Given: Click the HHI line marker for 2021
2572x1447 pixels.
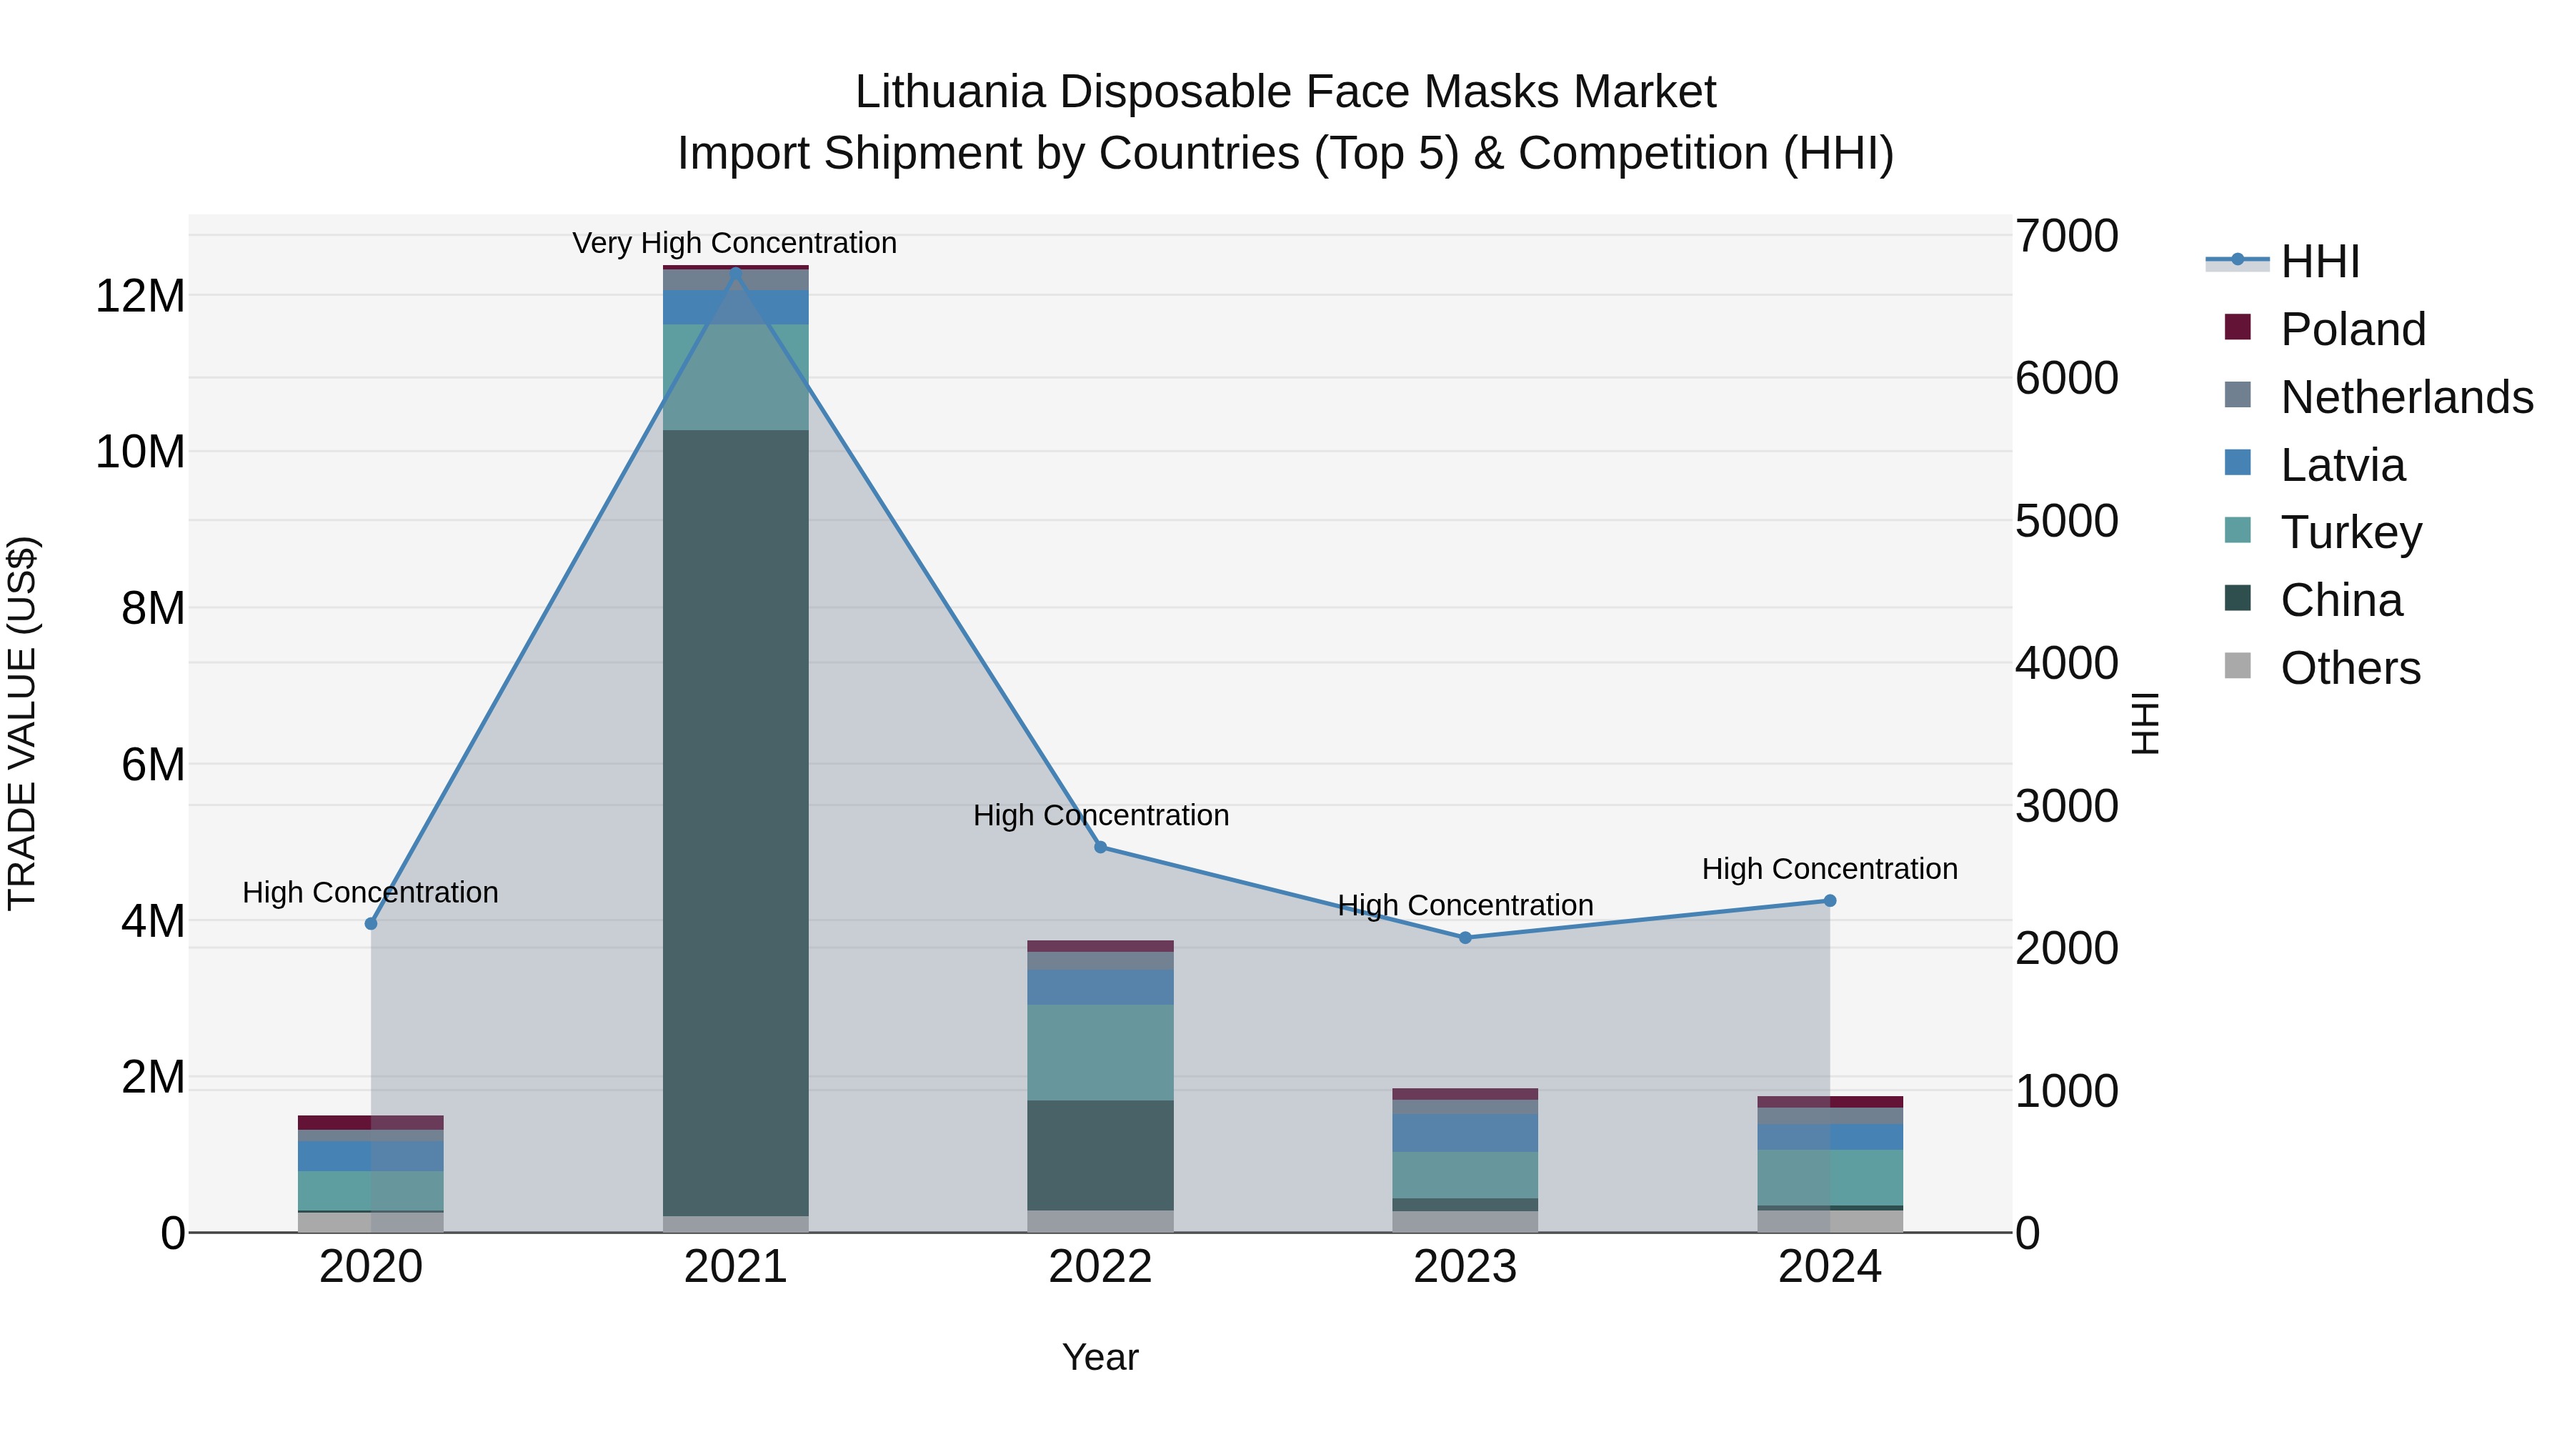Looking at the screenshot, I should click(x=736, y=273).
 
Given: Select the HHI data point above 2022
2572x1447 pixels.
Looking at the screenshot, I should click(x=1100, y=847).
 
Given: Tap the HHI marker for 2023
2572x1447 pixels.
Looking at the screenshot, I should click(x=1465, y=938).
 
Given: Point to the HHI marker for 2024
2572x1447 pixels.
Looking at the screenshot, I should click(x=1829, y=901).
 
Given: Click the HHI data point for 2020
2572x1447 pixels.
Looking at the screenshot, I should click(x=372, y=924).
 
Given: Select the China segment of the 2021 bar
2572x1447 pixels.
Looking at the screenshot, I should click(x=736, y=819).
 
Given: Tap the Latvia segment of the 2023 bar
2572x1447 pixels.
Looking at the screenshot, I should click(x=1465, y=1133).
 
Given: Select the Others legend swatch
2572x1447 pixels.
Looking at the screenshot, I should click(x=2238, y=666).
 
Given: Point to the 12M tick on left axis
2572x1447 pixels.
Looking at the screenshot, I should click(x=140, y=297).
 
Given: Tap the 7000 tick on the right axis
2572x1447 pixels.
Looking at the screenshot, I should click(x=2065, y=237).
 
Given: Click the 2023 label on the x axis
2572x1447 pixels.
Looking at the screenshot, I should click(x=1465, y=1267).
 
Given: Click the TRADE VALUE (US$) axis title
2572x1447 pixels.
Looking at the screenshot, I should click(x=23, y=723).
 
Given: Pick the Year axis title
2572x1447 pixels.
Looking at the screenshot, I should click(x=1100, y=1357).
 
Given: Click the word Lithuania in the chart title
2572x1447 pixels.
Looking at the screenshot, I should click(x=949, y=93).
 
